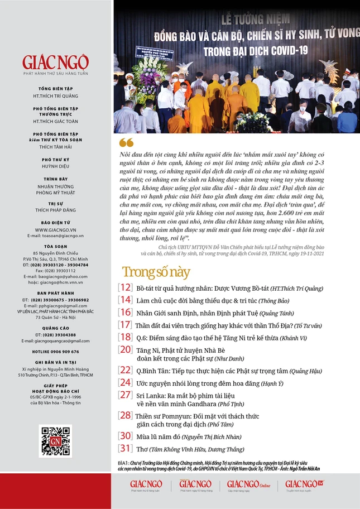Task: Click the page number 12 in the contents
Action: (x=125, y=288)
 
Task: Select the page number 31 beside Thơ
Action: (x=125, y=449)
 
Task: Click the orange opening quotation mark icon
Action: (x=127, y=143)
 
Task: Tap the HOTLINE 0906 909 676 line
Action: (x=56, y=352)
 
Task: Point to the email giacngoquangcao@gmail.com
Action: (x=56, y=340)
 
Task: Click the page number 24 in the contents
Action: (x=125, y=382)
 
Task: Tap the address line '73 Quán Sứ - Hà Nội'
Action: (x=56, y=317)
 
